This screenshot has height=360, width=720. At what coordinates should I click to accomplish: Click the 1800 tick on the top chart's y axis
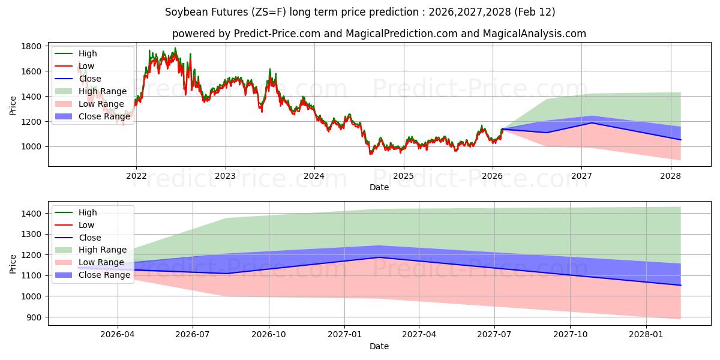coord(31,46)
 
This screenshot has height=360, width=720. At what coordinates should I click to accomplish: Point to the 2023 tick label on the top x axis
coord(225,176)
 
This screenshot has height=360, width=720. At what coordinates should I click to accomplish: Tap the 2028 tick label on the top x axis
coord(670,176)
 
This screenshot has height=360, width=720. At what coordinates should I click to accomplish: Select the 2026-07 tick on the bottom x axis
coord(193,335)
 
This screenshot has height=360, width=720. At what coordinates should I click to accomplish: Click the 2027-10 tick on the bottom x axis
coord(571,335)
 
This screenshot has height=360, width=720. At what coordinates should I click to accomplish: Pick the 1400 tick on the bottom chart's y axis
coord(31,214)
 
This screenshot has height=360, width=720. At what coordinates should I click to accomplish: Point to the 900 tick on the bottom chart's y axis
coord(34,317)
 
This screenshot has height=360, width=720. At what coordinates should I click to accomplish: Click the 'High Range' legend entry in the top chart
coord(103,91)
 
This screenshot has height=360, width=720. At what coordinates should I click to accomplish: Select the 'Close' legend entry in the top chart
coord(90,79)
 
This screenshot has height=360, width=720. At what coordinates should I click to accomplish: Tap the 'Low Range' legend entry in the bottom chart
coord(101,262)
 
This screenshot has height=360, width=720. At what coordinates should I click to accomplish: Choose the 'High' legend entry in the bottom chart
coord(88,212)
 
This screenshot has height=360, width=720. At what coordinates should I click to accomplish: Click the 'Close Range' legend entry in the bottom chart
coord(104,275)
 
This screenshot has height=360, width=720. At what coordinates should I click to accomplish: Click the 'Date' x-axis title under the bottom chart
coord(379,346)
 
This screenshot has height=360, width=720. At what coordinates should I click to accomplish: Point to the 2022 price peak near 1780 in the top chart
coord(175,49)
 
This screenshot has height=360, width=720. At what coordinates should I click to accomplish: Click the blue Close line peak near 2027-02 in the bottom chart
coord(378,257)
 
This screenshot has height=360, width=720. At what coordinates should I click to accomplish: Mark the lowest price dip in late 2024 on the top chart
coord(370,154)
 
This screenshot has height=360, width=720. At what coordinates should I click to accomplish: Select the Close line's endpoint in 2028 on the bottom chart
coord(680,285)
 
